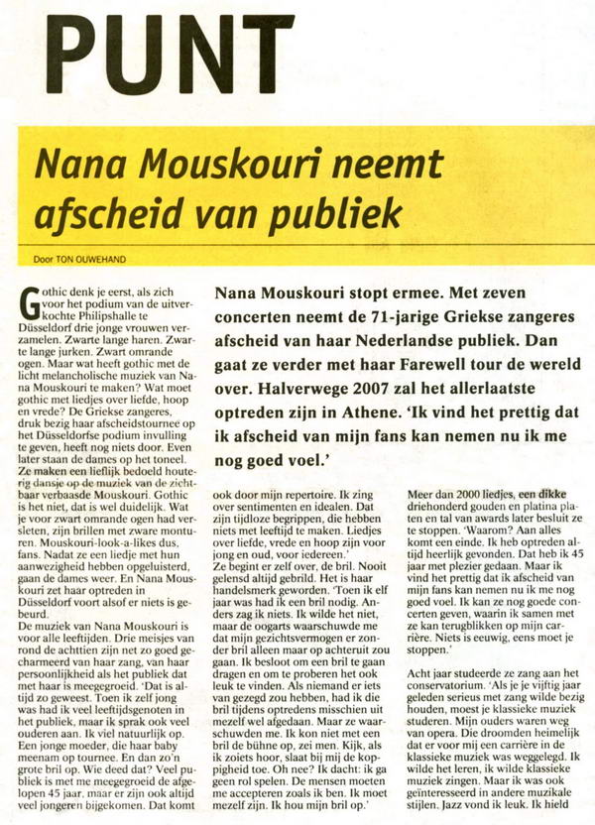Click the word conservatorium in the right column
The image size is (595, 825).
coord(466,719)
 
